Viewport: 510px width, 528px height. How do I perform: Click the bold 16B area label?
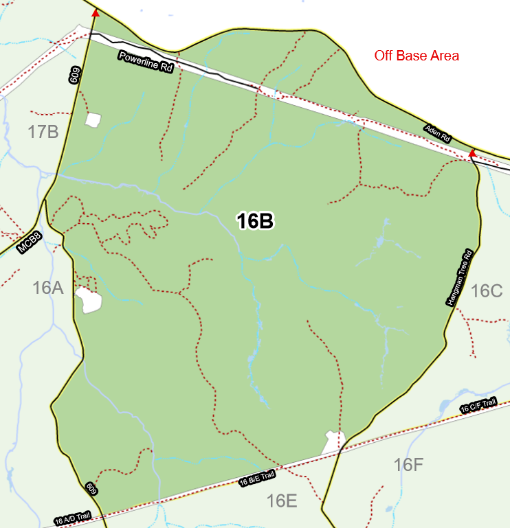[255, 221]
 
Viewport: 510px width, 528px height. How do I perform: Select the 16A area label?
[47, 288]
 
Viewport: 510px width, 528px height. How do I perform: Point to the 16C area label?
[487, 291]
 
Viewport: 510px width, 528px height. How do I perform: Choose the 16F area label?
[408, 465]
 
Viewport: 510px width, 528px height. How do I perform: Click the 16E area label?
[282, 501]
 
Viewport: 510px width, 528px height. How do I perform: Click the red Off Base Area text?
[417, 56]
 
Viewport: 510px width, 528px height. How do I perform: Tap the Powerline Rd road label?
[145, 62]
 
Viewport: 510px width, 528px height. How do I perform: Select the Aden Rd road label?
[437, 133]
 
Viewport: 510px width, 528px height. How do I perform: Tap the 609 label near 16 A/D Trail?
[91, 488]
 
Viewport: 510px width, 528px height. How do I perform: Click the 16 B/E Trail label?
[258, 479]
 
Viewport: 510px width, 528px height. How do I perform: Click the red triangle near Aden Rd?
[472, 154]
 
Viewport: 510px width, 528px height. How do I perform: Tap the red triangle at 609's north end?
[96, 12]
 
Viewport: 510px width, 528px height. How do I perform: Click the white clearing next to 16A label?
[89, 300]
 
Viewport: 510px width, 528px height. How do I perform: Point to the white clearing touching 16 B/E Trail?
[333, 441]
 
